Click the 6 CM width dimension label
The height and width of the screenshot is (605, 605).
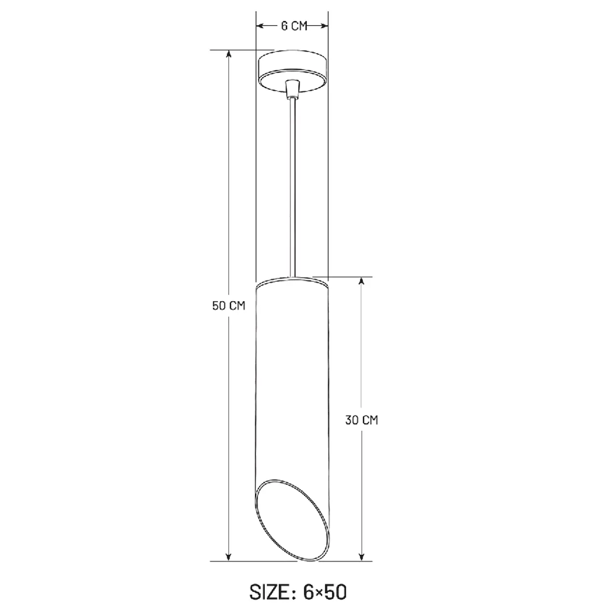click(294, 26)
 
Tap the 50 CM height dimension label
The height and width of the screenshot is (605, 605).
click(229, 306)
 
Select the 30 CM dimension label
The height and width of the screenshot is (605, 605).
click(362, 420)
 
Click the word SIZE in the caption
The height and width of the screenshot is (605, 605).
click(270, 592)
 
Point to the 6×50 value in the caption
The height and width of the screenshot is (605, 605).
click(325, 592)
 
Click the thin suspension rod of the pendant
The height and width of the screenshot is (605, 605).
click(292, 188)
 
